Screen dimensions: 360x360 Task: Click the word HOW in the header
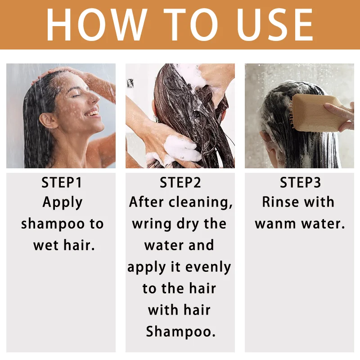[97, 25]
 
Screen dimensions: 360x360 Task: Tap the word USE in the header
[275, 25]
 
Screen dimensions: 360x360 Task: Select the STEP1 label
[62, 183]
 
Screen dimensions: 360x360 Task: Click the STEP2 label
[180, 183]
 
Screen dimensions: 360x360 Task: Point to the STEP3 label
[300, 183]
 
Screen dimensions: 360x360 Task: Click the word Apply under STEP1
[63, 203]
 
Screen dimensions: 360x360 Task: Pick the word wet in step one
[46, 245]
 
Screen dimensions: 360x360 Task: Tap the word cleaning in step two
[201, 202]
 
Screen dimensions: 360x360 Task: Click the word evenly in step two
[208, 267]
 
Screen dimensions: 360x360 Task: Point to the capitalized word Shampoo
[181, 332]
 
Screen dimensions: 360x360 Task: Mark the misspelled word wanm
[275, 224]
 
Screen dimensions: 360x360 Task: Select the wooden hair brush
[319, 114]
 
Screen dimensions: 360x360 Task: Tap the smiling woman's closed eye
[77, 95]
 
